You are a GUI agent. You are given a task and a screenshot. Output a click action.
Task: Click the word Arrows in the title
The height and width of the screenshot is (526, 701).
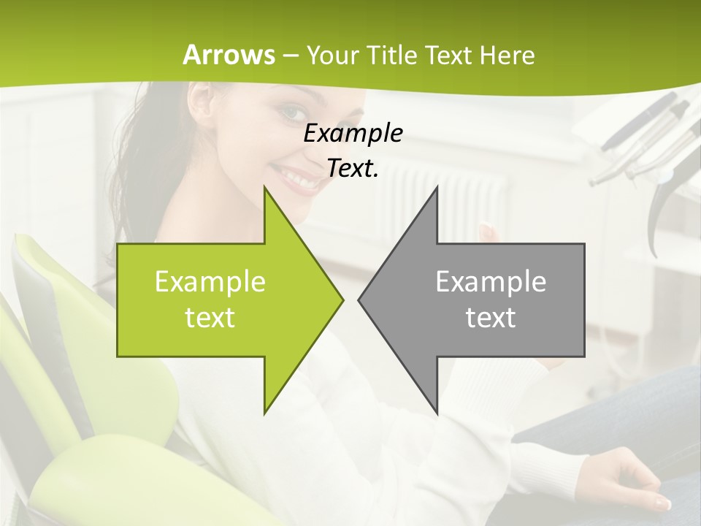tap(229, 55)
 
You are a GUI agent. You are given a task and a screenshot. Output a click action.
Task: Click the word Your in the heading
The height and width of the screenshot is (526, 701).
tap(332, 55)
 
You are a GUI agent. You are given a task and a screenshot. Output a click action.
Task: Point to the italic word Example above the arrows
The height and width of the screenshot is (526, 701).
tap(353, 133)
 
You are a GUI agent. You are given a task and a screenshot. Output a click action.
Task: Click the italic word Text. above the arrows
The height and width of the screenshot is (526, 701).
tap(353, 169)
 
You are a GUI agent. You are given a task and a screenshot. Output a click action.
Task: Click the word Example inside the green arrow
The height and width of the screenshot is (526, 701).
tap(210, 281)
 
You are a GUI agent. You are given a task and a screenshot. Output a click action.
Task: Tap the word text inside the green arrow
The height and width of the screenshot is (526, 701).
tap(210, 318)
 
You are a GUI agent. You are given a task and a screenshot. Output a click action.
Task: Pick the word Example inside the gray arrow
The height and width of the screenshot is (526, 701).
tap(491, 281)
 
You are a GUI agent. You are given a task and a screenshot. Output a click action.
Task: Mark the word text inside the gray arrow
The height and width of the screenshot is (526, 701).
tap(491, 318)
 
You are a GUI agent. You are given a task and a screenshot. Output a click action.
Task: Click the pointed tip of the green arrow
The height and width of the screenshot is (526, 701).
tap(341, 300)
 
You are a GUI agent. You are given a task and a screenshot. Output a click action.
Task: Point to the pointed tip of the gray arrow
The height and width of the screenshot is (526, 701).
tap(361, 300)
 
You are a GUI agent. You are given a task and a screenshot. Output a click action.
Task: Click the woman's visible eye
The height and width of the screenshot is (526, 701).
tap(291, 113)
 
